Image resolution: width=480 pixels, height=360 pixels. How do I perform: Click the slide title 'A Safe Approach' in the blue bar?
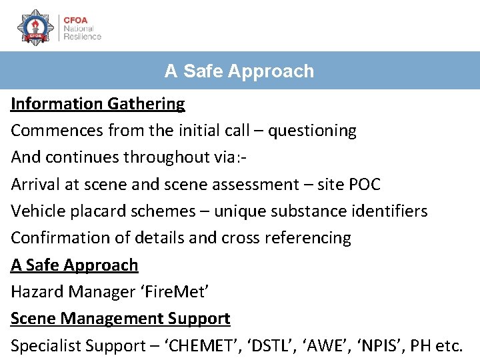point(239,71)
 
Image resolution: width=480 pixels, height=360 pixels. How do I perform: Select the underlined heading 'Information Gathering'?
point(98,104)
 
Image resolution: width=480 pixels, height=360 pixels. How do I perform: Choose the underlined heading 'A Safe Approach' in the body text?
point(75,265)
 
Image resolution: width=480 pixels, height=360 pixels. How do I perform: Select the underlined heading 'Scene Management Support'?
point(121,319)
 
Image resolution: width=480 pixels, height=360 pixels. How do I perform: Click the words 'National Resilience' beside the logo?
point(82,33)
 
